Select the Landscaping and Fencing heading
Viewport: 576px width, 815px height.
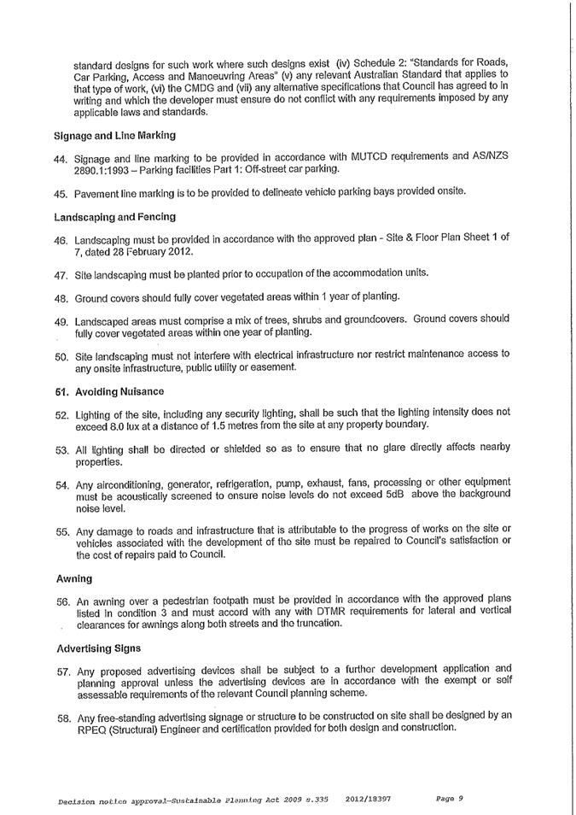(114, 217)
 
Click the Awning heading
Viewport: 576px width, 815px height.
(73, 578)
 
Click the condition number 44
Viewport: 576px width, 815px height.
(61, 159)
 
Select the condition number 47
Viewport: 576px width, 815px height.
(61, 274)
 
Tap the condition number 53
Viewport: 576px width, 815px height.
(61, 449)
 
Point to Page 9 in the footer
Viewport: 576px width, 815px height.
(448, 799)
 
